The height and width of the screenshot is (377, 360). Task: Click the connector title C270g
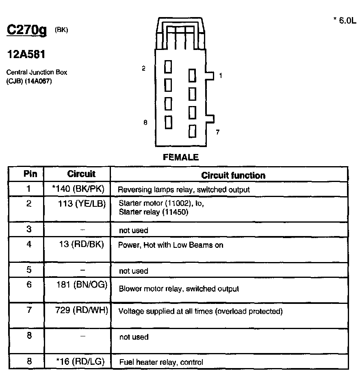pyautogui.click(x=27, y=30)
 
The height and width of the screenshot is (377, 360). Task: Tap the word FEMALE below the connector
pyautogui.click(x=181, y=157)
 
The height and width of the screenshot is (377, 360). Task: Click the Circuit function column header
pyautogui.click(x=233, y=175)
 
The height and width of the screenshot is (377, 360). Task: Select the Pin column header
pyautogui.click(x=30, y=174)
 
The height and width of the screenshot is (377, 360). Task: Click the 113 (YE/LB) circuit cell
pyautogui.click(x=82, y=204)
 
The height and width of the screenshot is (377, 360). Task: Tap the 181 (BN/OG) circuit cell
pyautogui.click(x=82, y=285)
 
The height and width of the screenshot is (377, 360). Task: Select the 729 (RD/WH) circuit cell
pyautogui.click(x=81, y=311)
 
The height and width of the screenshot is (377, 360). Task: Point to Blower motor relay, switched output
pyautogui.click(x=179, y=289)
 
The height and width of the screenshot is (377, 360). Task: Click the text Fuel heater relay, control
pyautogui.click(x=161, y=362)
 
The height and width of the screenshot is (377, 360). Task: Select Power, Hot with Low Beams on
pyautogui.click(x=171, y=245)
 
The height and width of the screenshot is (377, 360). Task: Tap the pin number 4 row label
pyautogui.click(x=29, y=245)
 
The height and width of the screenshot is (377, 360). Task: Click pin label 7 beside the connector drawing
pyautogui.click(x=218, y=132)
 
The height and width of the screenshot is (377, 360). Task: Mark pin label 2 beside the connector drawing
pyautogui.click(x=143, y=69)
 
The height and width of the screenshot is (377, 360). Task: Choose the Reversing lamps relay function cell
pyautogui.click(x=184, y=189)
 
